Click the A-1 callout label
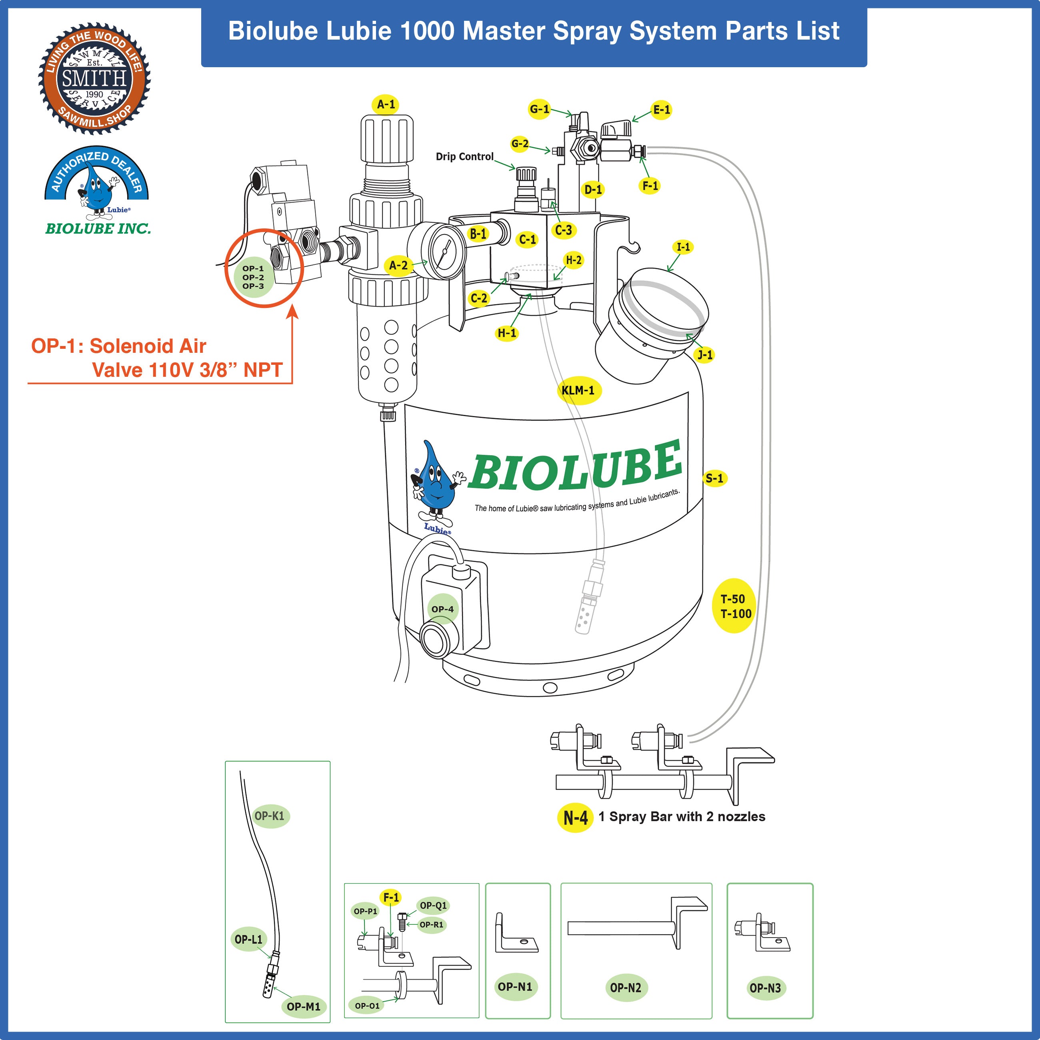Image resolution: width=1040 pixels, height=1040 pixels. (386, 104)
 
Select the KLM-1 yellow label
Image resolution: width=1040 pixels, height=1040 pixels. (578, 390)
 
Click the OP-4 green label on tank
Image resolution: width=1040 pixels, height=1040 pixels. (442, 609)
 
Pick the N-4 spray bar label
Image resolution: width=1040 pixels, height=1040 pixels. (575, 818)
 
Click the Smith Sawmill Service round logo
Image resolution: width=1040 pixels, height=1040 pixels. (94, 78)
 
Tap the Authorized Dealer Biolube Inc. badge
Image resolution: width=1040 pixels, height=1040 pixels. (97, 191)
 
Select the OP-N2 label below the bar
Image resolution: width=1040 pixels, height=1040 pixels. (626, 987)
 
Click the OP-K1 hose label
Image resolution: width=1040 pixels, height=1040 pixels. (269, 816)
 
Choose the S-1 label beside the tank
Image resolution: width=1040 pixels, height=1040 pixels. (714, 478)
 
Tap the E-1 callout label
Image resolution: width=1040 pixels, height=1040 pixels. (661, 110)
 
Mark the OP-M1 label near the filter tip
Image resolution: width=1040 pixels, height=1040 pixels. (303, 1006)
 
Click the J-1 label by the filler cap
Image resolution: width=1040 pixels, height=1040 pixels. (705, 354)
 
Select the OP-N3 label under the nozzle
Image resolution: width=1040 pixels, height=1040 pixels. (765, 987)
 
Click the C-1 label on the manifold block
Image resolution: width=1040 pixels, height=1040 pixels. (528, 240)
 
